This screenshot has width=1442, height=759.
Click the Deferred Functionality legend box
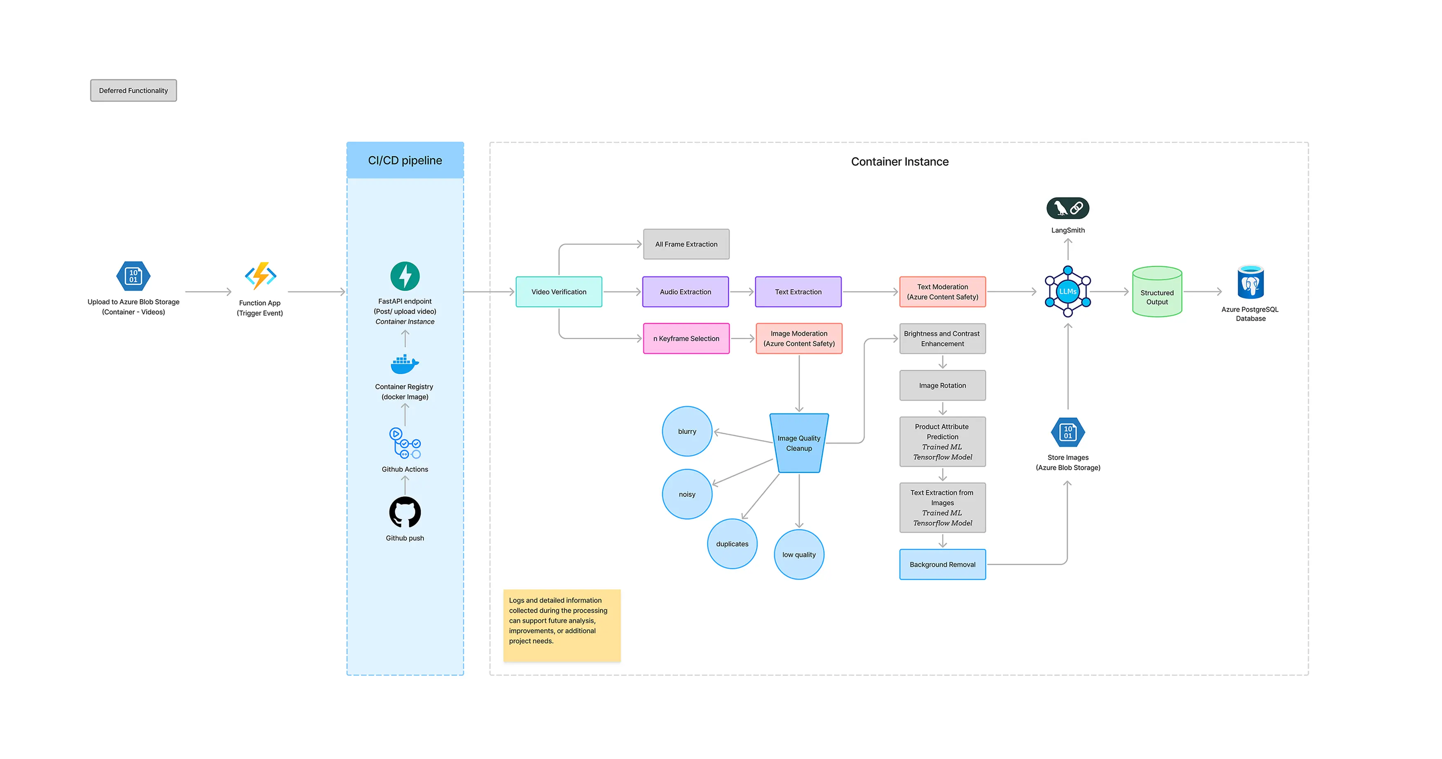(x=133, y=91)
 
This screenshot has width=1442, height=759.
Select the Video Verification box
(x=559, y=292)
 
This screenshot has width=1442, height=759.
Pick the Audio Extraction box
(x=685, y=292)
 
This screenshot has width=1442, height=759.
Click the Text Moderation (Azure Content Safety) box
(x=942, y=292)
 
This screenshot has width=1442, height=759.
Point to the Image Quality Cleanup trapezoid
(x=799, y=443)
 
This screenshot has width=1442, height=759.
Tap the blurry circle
(x=687, y=431)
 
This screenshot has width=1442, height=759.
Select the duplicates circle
(x=732, y=543)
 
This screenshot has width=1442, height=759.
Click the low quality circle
(x=799, y=554)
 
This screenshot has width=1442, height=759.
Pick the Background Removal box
(x=942, y=564)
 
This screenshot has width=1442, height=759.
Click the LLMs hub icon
(x=1067, y=291)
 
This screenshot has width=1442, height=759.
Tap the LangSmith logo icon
(x=1067, y=208)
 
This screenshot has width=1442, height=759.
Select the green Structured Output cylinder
(x=1156, y=292)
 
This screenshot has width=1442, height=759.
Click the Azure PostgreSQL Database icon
(x=1250, y=283)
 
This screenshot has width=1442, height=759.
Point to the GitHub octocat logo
(x=405, y=512)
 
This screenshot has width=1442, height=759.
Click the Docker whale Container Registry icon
(x=404, y=364)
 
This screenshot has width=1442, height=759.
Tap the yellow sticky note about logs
(x=562, y=625)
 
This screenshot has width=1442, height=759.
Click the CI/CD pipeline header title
(x=405, y=161)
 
